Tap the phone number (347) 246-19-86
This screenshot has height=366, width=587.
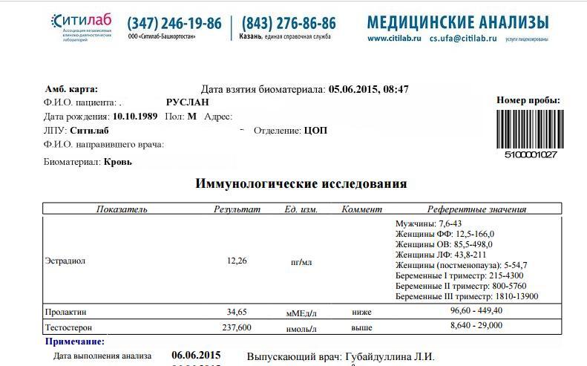[x=174, y=24]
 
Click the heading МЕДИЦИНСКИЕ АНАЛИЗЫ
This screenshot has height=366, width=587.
[x=458, y=22]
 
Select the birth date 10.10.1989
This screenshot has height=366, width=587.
[x=134, y=117]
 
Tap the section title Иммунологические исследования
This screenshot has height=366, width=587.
[x=301, y=183]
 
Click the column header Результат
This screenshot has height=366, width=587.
[x=237, y=209]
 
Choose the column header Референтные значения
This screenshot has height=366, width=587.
[x=476, y=209]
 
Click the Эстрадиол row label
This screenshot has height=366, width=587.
[x=67, y=261]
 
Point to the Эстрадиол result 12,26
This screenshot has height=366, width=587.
[x=237, y=261]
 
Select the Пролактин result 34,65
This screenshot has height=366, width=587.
[x=237, y=312]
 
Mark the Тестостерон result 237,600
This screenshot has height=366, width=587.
[x=237, y=327]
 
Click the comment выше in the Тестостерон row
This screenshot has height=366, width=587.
[x=361, y=327]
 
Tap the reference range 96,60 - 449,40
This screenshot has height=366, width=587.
[x=476, y=310]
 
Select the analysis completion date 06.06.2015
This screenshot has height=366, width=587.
[x=195, y=356]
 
